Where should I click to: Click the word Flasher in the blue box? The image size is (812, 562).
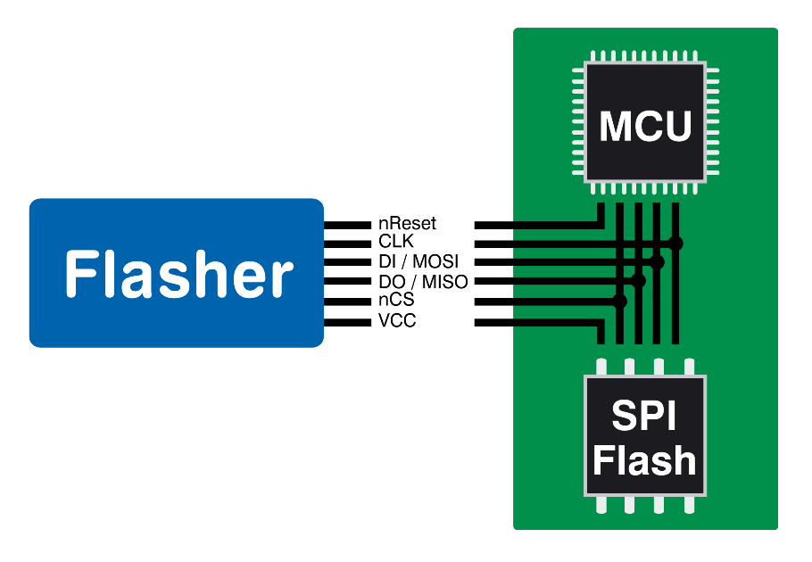coord(178,273)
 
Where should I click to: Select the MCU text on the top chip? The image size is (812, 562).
coord(645,126)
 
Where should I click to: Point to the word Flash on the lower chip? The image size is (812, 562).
coord(644,461)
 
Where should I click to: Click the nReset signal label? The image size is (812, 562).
coord(407,223)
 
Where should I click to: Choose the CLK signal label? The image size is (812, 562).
coord(396,243)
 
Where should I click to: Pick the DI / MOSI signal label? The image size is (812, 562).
coord(418,262)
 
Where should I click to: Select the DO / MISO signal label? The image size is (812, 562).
coord(422,282)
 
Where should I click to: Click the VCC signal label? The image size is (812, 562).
coord(397,321)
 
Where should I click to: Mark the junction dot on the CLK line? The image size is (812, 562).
coord(676,243)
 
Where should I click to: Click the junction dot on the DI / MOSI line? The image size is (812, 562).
coord(658,262)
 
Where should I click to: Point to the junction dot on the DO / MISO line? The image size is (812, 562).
coord(638,282)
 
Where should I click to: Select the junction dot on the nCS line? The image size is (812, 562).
coord(620,302)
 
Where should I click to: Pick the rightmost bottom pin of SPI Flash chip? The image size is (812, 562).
coord(688,505)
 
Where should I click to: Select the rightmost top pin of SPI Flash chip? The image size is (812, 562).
coord(688,367)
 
